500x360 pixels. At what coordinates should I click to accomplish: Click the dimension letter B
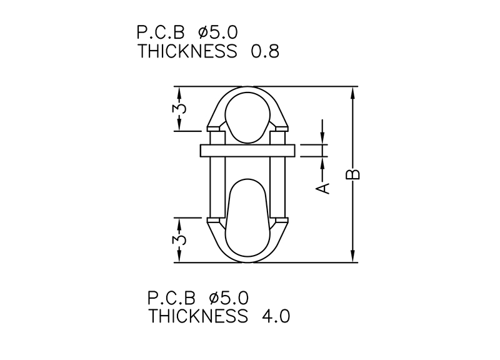pyautogui.click(x=352, y=174)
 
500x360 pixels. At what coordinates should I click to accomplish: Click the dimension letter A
pyautogui.click(x=322, y=189)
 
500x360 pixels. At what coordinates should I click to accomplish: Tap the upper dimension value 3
pyautogui.click(x=179, y=109)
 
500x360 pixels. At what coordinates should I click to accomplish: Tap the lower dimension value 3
pyautogui.click(x=179, y=240)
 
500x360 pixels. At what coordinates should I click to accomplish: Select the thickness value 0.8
pyautogui.click(x=265, y=51)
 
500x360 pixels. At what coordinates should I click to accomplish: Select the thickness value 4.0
pyautogui.click(x=276, y=316)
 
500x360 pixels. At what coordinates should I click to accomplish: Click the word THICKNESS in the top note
pyautogui.click(x=187, y=51)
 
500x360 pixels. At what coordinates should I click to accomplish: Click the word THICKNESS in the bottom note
pyautogui.click(x=198, y=316)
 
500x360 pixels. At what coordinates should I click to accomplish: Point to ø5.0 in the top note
pyautogui.click(x=217, y=32)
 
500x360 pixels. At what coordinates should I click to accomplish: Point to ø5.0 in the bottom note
pyautogui.click(x=229, y=298)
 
